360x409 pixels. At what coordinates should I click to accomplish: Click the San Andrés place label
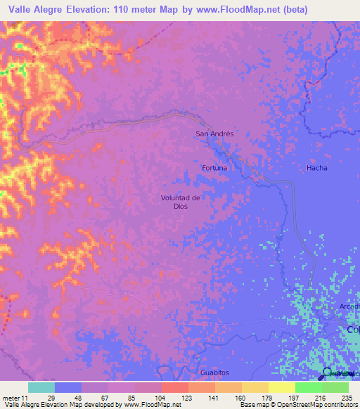click(x=214, y=133)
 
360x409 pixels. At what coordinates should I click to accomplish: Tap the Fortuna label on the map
click(x=214, y=168)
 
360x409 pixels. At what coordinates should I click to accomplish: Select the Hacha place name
click(x=316, y=168)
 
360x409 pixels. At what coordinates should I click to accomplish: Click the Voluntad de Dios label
click(x=181, y=202)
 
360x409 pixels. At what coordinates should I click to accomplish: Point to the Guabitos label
click(x=214, y=372)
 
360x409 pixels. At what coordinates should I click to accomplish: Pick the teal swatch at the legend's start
click(x=41, y=387)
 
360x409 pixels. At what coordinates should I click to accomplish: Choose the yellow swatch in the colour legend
click(x=281, y=387)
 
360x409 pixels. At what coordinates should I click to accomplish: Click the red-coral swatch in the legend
click(x=174, y=387)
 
